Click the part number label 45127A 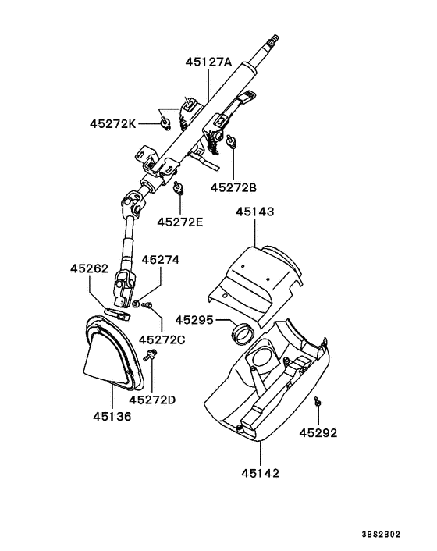(x=208, y=62)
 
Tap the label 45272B (x=233, y=187)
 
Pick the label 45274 (x=160, y=260)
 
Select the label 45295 (x=193, y=319)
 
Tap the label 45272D (x=152, y=400)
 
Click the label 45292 (x=318, y=432)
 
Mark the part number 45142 (x=260, y=472)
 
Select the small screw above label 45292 (x=318, y=401)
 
